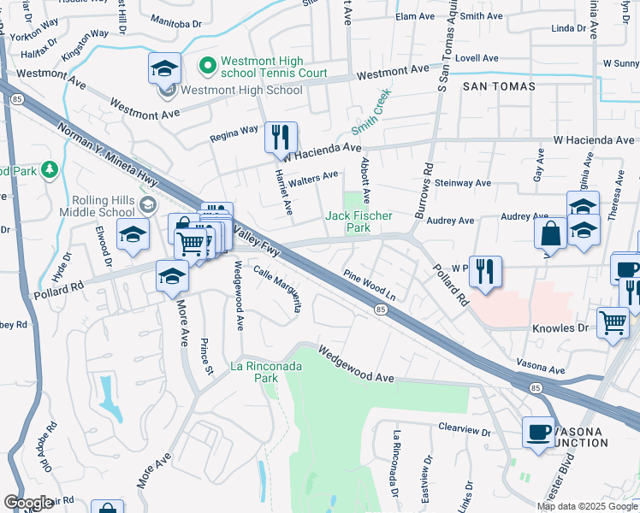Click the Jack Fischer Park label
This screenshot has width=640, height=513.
coord(359,222)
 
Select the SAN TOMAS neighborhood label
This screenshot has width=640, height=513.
coord(499,86)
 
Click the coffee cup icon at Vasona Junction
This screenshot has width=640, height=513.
coord(538,432)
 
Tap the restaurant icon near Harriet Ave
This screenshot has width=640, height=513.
coord(281,137)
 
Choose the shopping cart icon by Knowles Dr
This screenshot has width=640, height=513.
coord(613,324)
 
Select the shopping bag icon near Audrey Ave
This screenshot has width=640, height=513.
coord(550,233)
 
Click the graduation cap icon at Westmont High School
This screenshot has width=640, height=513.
coord(165,68)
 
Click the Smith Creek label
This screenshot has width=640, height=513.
coord(370,111)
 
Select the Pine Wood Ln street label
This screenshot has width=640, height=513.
coord(370,286)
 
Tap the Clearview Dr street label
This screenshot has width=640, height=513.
coord(463,424)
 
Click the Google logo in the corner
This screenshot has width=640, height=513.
coord(28,503)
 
